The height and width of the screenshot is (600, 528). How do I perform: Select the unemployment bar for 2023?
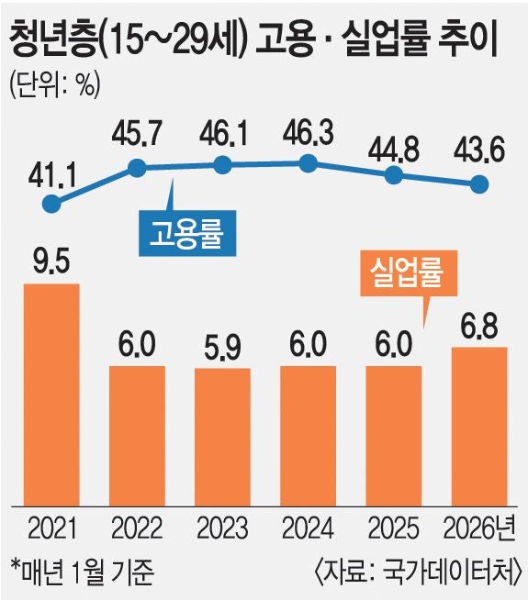click(x=223, y=435)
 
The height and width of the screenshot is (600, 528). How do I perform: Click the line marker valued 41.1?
click(x=52, y=204)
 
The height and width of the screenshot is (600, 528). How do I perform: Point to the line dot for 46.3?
click(x=309, y=164)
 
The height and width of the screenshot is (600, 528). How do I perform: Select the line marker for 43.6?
click(x=479, y=183)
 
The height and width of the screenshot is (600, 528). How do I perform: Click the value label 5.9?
click(x=223, y=350)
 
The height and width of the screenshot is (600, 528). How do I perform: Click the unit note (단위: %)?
click(x=54, y=84)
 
